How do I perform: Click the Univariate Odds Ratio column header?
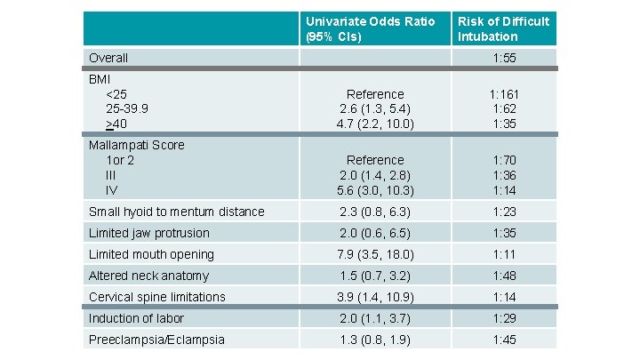pyautogui.click(x=371, y=28)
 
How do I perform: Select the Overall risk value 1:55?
pyautogui.click(x=505, y=58)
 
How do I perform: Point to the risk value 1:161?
pyautogui.click(x=505, y=94)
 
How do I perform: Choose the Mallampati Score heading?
pyautogui.click(x=136, y=144)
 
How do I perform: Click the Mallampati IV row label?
pyautogui.click(x=111, y=190)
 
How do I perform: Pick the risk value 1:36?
pyautogui.click(x=505, y=176)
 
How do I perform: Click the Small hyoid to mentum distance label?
pyautogui.click(x=176, y=212)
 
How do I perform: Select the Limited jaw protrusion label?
pyautogui.click(x=149, y=233)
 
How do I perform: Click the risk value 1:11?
pyautogui.click(x=505, y=254)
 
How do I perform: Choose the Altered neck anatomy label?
pyautogui.click(x=148, y=276)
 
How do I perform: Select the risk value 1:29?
pyautogui.click(x=505, y=318)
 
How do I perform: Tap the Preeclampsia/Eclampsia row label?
pyautogui.click(x=156, y=340)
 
